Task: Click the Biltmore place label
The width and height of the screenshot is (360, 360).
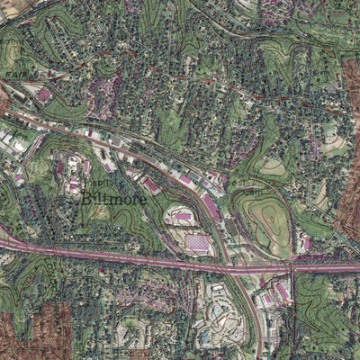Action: click(112, 198)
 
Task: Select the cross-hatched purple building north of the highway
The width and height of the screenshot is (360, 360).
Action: click(197, 243)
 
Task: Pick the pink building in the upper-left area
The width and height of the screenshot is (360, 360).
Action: click(43, 94)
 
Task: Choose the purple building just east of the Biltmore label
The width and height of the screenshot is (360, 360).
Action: click(151, 186)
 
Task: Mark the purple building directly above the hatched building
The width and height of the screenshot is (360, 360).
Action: click(183, 218)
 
